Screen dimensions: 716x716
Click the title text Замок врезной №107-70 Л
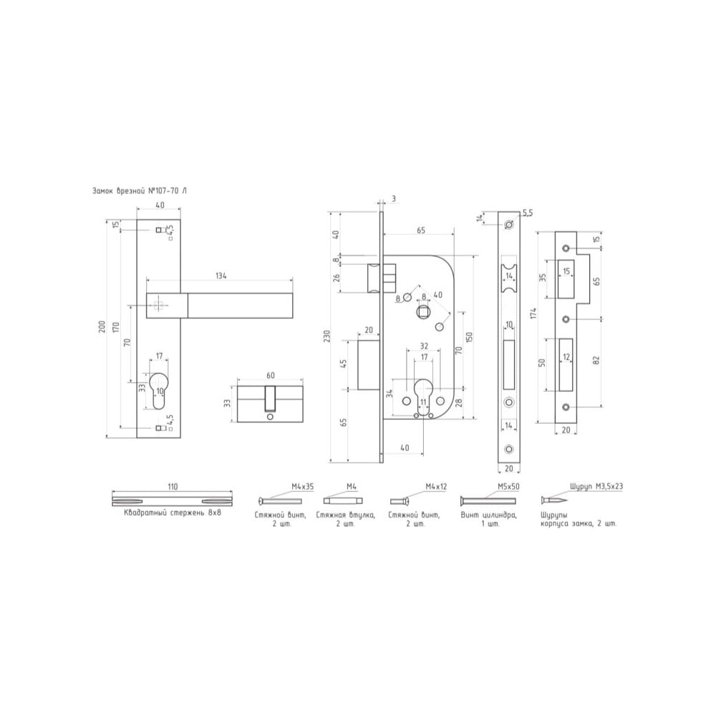(140, 191)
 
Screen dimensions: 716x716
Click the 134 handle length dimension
(221, 276)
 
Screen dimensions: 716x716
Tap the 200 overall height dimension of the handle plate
(102, 326)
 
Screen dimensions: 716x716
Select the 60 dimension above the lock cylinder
(271, 375)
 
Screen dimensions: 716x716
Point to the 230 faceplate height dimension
(326, 337)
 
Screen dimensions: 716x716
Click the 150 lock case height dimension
(470, 337)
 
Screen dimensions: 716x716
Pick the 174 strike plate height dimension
(533, 314)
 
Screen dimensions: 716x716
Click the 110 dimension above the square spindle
(173, 487)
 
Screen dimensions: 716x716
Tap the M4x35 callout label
(303, 487)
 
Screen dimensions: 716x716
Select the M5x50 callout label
(508, 487)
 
